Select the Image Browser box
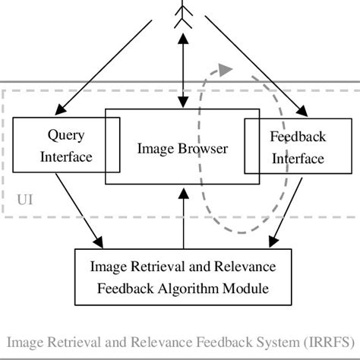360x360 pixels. [182, 149]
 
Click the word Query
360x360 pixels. [65, 136]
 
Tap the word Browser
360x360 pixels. [205, 149]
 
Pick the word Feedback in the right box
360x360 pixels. [298, 137]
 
